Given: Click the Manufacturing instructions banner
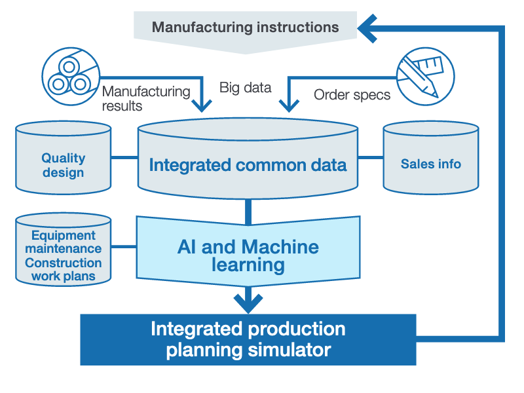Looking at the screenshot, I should [x=246, y=28].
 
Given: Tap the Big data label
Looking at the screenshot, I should [x=246, y=87].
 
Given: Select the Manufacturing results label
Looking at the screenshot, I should [x=145, y=99].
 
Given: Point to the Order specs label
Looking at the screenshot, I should [x=352, y=95].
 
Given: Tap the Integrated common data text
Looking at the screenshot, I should [x=248, y=164].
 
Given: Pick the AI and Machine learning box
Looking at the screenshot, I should [x=248, y=255].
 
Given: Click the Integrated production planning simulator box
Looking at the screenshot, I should [x=248, y=339].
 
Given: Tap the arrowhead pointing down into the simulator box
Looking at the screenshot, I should [x=248, y=302].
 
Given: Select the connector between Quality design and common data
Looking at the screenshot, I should [x=124, y=158].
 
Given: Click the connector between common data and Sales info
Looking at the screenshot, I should [x=371, y=158].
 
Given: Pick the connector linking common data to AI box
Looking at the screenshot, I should [x=248, y=209].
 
